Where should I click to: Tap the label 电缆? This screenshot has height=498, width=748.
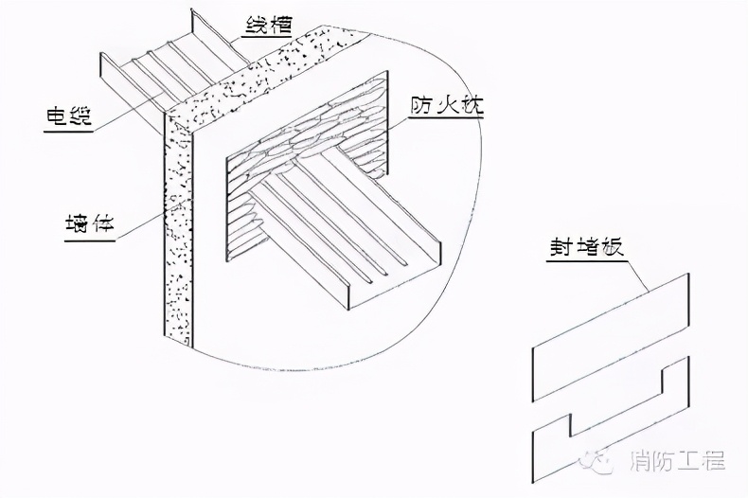click(x=69, y=118)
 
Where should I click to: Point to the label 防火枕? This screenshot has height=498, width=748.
click(x=444, y=105)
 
